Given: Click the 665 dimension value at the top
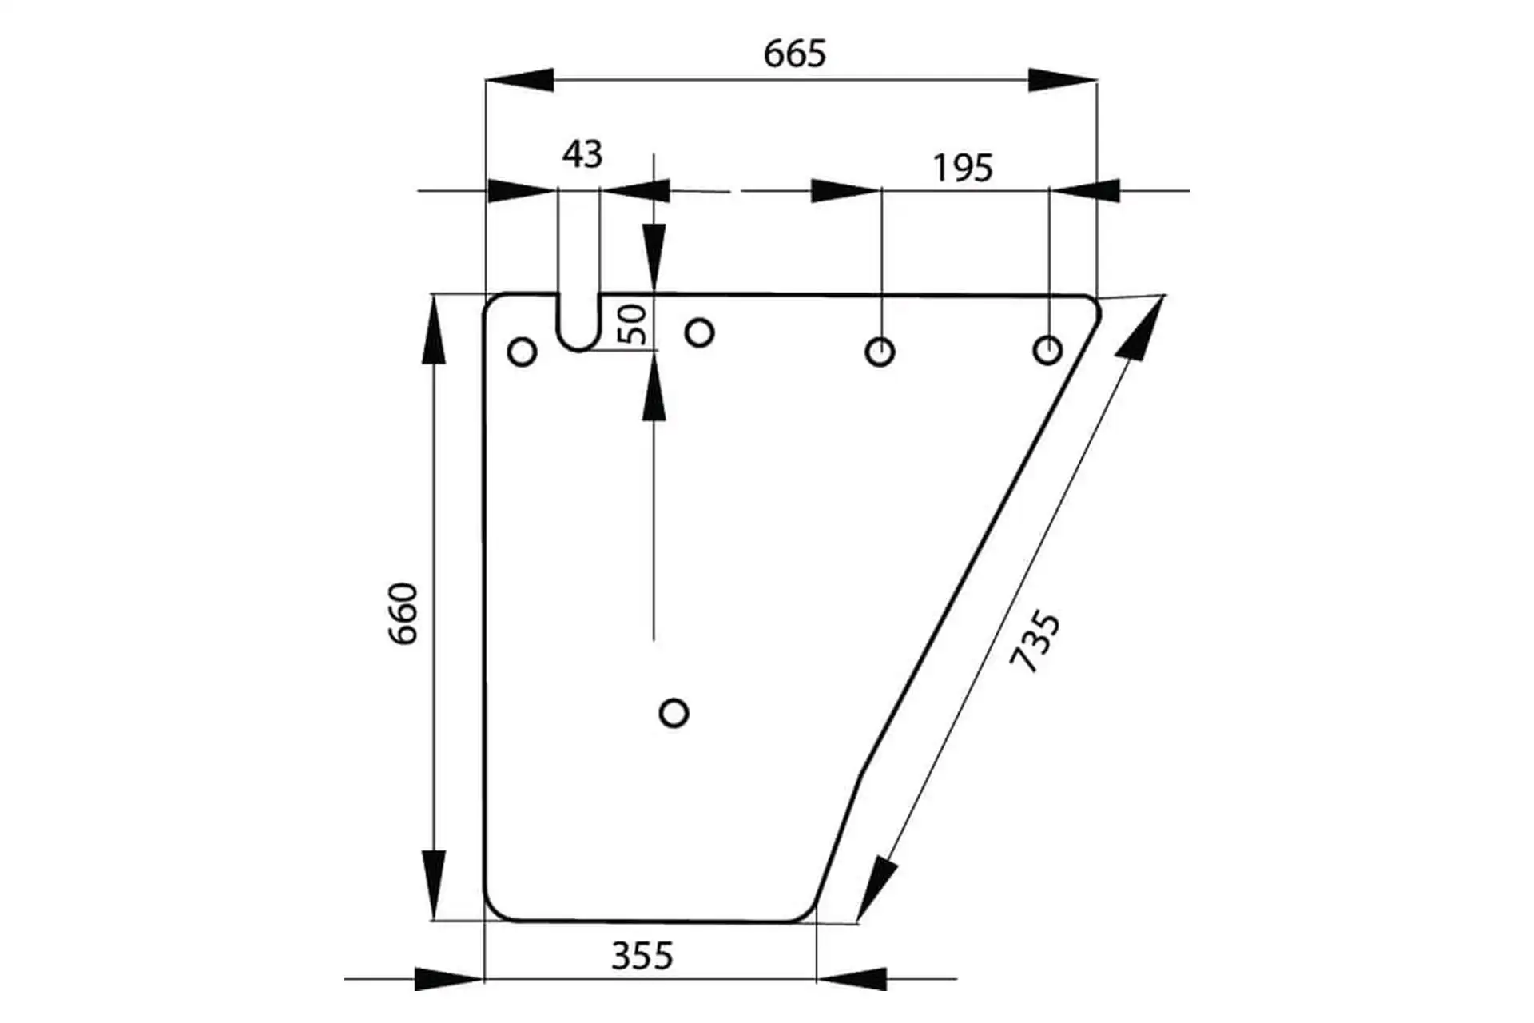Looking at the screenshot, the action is (x=794, y=54).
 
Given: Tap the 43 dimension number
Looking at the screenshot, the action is (x=582, y=154).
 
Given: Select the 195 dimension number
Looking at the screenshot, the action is (x=963, y=168).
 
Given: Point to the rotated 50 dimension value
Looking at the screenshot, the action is (x=634, y=324).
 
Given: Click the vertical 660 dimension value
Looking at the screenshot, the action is (x=403, y=614).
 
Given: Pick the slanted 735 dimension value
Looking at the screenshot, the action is (x=1035, y=642).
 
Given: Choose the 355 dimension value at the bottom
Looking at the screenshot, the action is (x=642, y=956).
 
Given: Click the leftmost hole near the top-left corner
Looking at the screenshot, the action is (x=522, y=352).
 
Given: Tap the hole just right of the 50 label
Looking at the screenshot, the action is (x=699, y=332).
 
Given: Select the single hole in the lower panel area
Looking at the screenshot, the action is (x=674, y=712).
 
